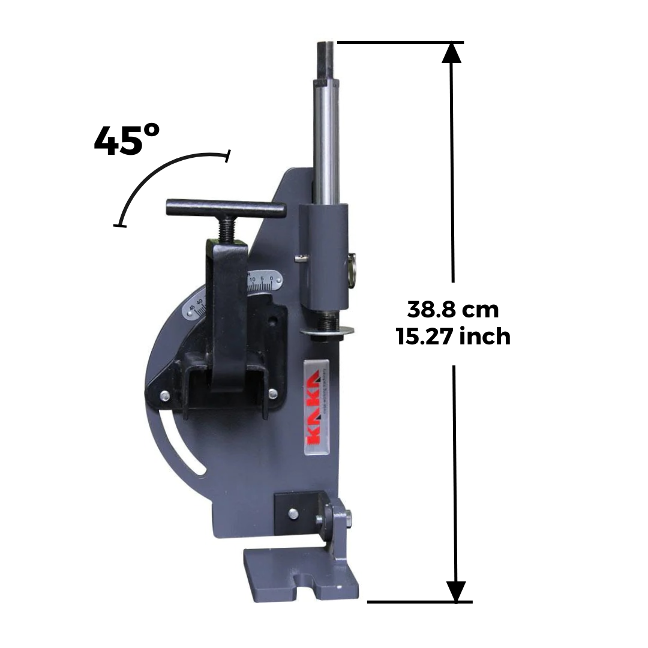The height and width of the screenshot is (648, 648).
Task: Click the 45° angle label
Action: pyautogui.click(x=127, y=141)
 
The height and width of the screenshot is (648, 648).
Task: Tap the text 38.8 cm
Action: pyautogui.click(x=453, y=310)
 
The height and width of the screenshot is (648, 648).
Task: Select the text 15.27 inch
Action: pyautogui.click(x=453, y=337)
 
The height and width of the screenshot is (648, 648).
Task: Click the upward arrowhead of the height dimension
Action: pyautogui.click(x=452, y=52)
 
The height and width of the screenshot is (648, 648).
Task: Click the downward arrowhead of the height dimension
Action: pyautogui.click(x=456, y=591)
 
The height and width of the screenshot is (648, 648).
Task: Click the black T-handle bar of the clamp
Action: pyautogui.click(x=225, y=208)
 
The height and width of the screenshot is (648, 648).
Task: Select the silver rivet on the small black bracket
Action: pyautogui.click(x=292, y=513)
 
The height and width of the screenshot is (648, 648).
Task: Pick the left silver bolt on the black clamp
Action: pyautogui.click(x=164, y=395)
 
